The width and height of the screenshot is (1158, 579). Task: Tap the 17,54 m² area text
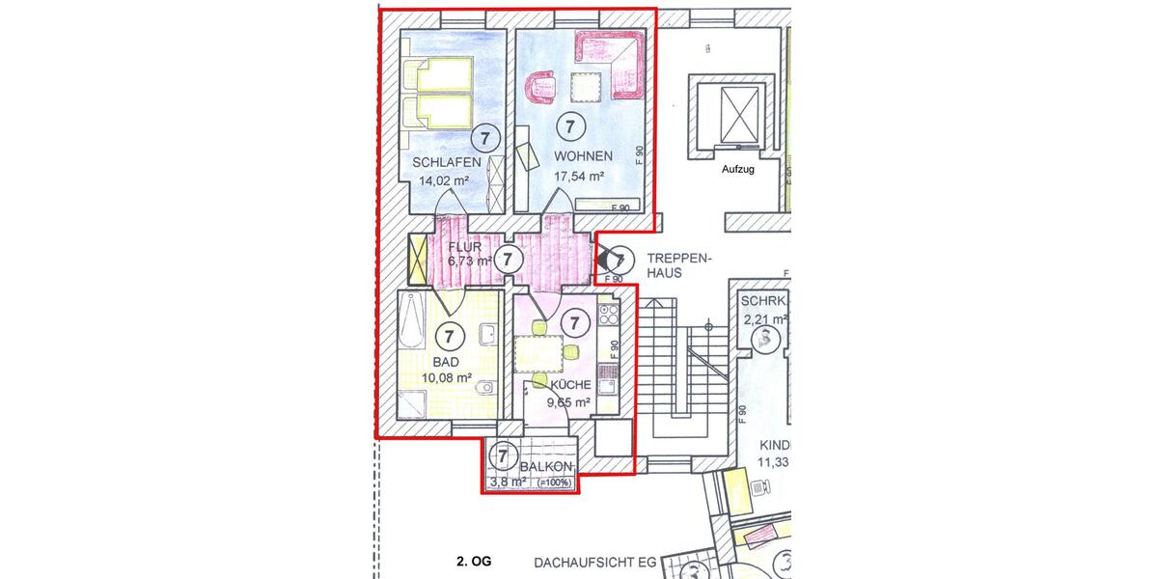tap(579, 177)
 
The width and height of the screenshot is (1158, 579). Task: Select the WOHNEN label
tap(583, 156)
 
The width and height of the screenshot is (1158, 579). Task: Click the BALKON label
tap(546, 467)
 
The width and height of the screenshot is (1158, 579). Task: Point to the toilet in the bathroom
tap(487, 387)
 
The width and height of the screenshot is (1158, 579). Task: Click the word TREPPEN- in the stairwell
tap(679, 260)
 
